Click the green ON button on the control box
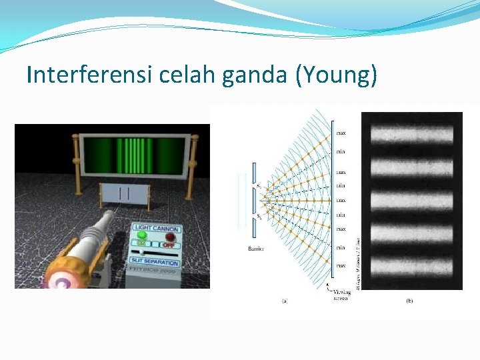coord(141,237)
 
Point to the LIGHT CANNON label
coord(157,228)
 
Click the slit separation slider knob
coord(141,252)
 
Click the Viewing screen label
coord(341,294)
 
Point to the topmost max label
coord(341,133)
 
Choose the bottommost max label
coord(341,265)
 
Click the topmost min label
coord(341,152)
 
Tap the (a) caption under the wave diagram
coord(285,301)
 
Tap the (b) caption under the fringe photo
coord(409,301)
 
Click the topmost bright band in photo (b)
coord(411,135)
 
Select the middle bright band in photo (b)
coord(411,199)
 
